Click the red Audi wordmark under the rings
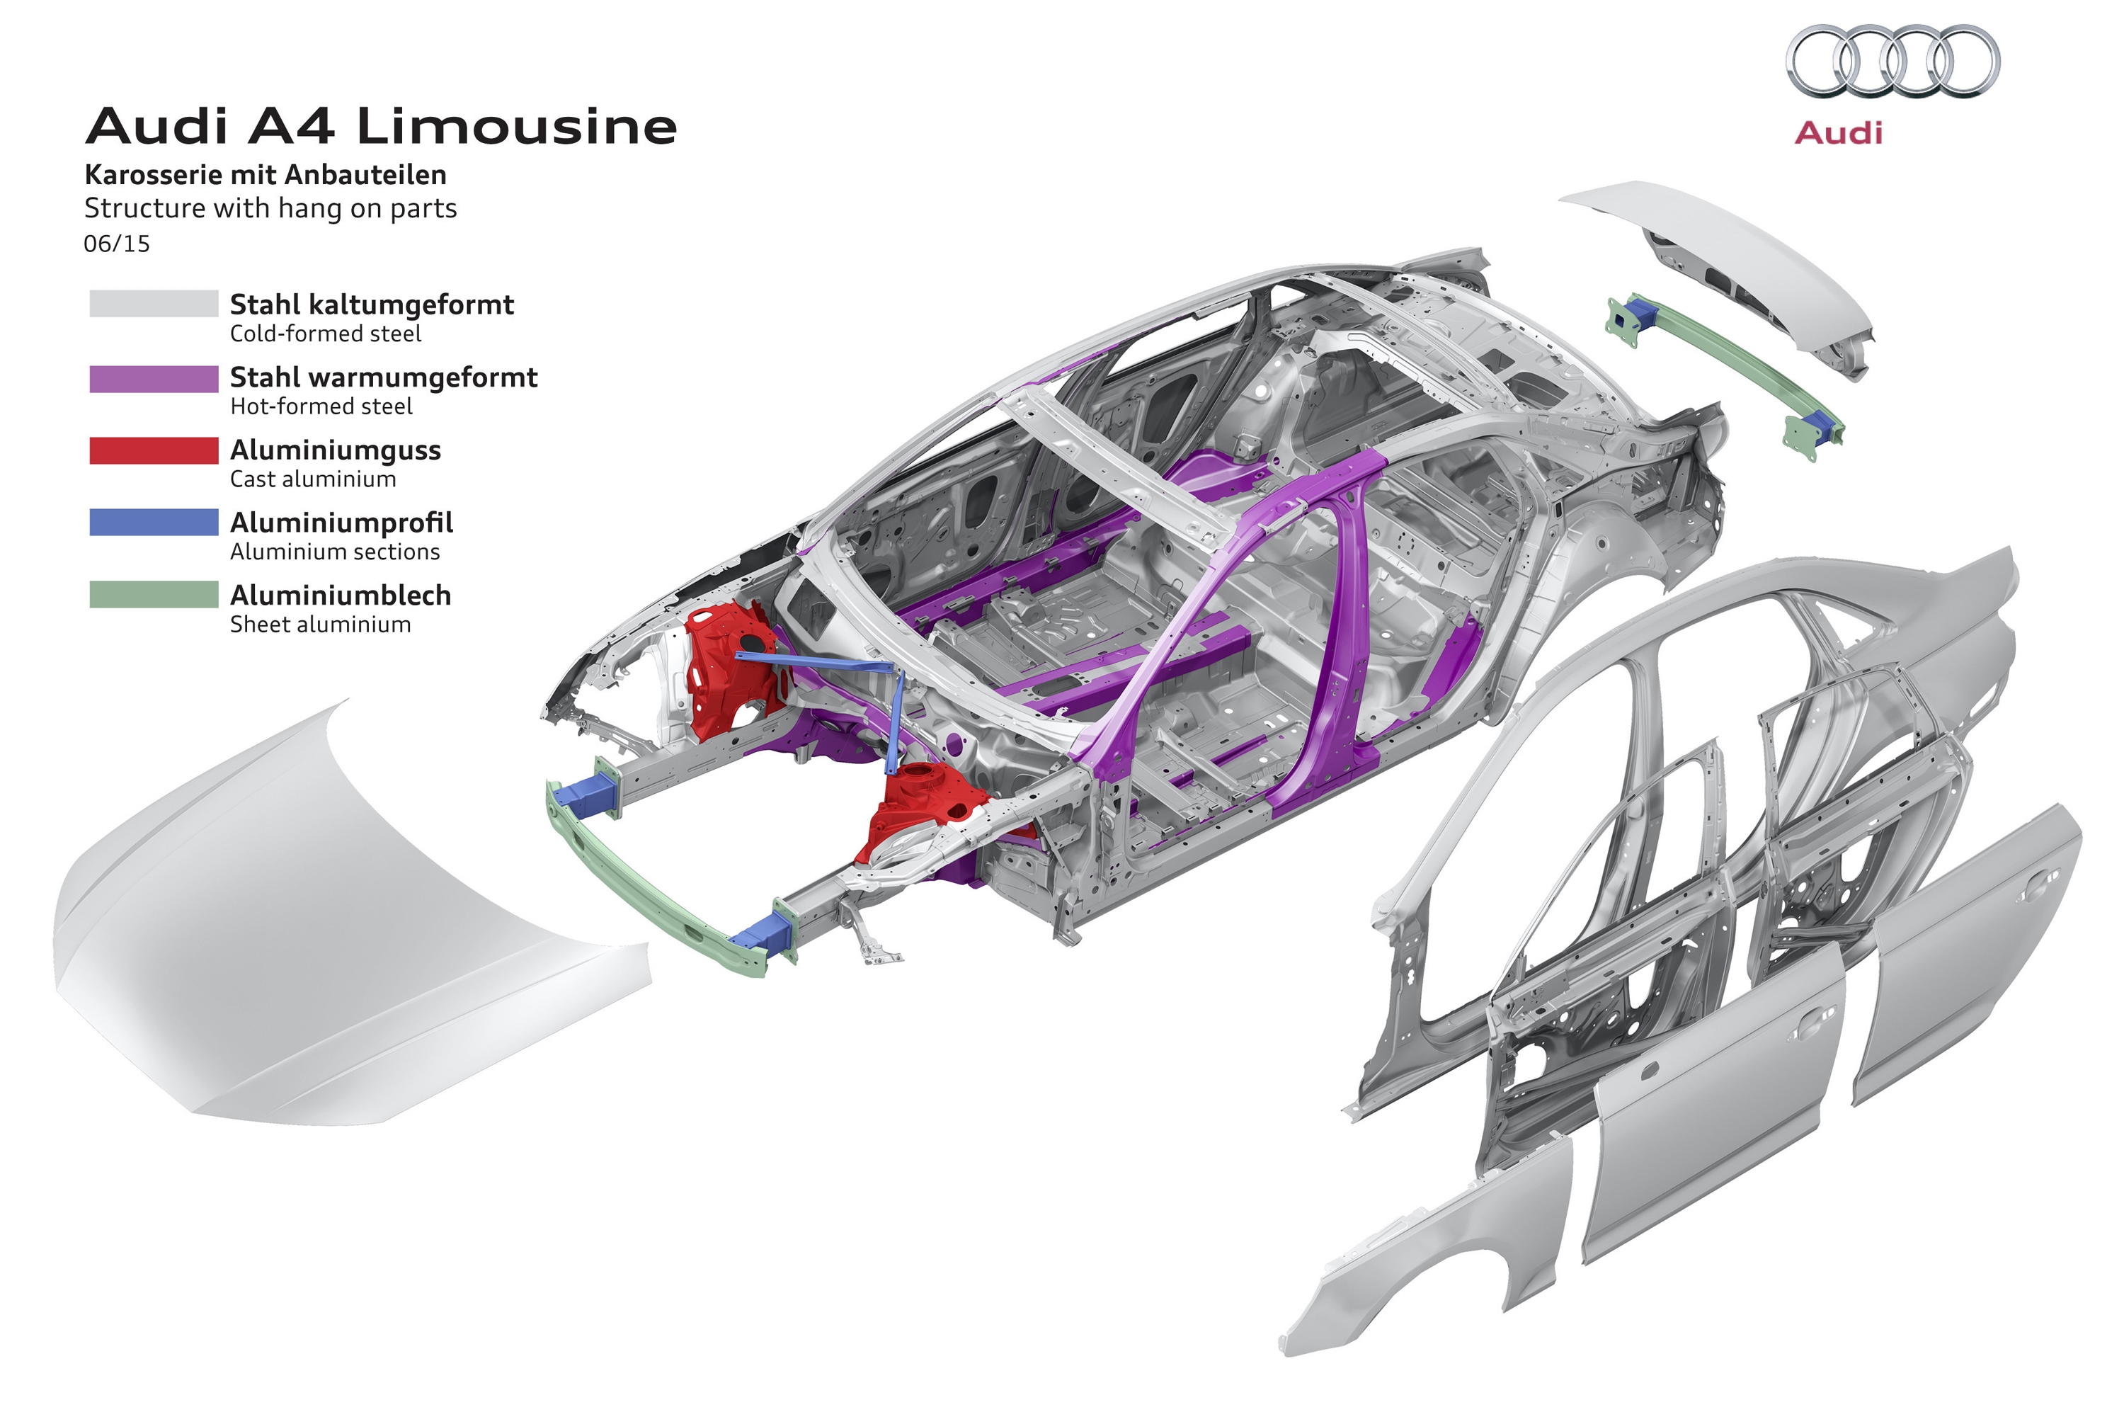1838,133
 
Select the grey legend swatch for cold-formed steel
153,304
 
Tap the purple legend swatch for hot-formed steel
153,378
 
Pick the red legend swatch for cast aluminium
153,450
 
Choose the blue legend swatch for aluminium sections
153,523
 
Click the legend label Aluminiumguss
335,450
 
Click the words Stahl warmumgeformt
384,377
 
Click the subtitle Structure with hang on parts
270,208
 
